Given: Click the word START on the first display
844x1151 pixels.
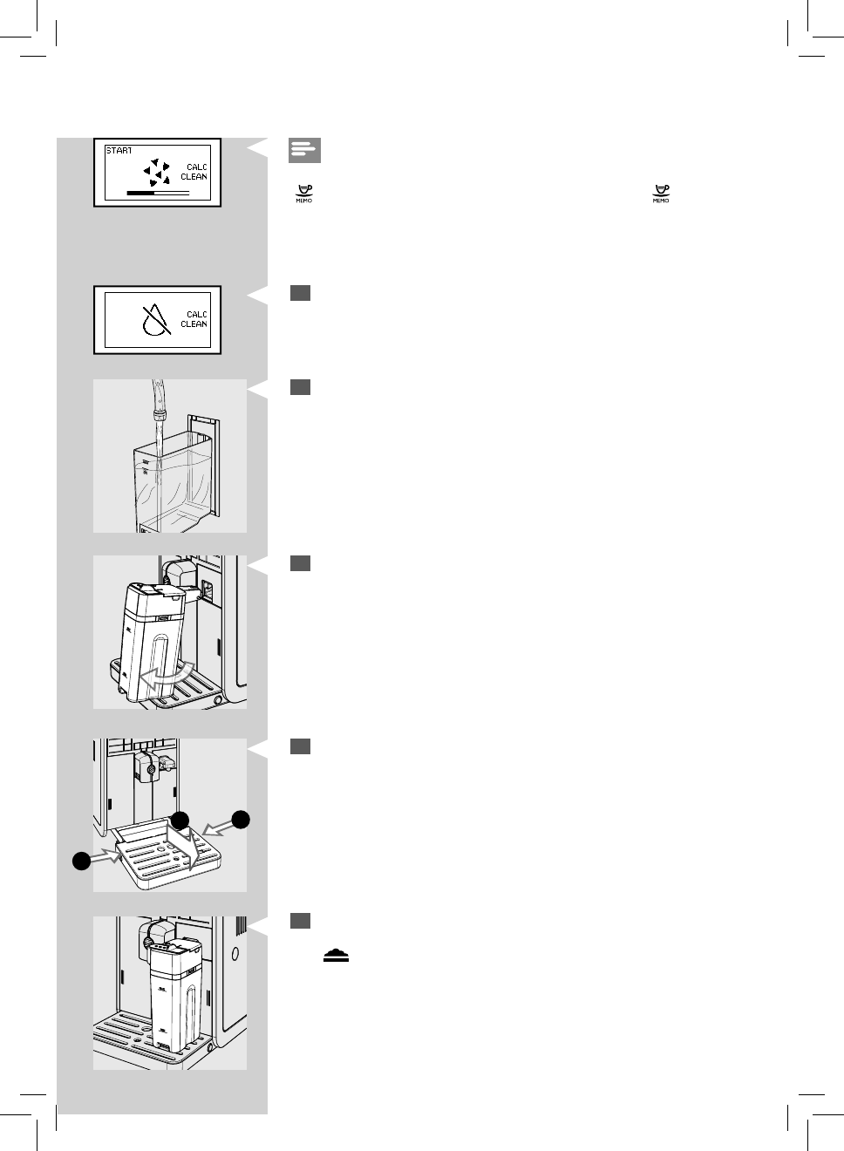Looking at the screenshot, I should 119,151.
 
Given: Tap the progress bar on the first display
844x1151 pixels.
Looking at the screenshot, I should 158,192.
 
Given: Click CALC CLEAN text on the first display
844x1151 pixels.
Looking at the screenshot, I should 194,172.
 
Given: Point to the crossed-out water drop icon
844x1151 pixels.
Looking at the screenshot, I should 155,320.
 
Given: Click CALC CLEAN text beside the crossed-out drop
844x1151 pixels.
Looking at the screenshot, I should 194,319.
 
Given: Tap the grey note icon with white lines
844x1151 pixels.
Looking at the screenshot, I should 304,150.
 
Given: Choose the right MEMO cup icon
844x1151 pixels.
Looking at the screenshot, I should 661,193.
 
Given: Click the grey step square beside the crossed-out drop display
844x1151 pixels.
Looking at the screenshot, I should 300,294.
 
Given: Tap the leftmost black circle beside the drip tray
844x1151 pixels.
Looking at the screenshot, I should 81,861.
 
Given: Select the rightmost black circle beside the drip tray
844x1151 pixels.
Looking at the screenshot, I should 241,819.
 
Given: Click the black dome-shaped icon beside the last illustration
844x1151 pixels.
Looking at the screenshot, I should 336,956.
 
